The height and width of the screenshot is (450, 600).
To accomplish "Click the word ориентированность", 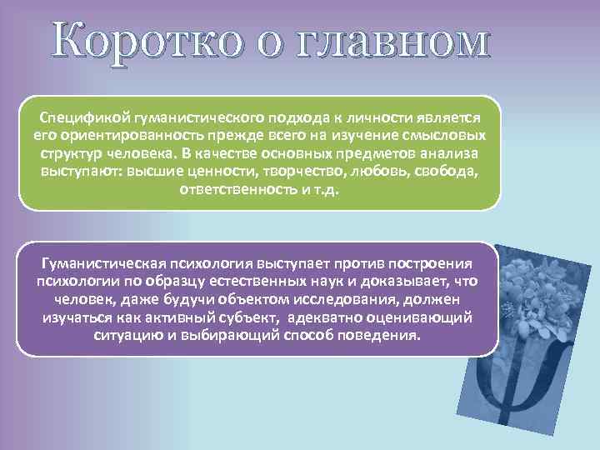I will [x=121, y=137].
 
